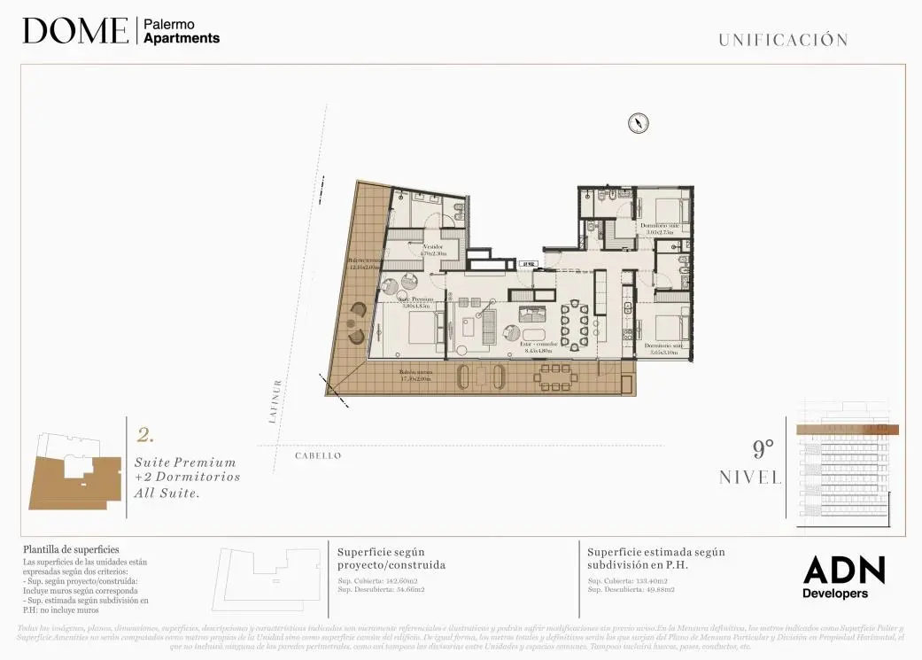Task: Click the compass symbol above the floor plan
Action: point(639,123)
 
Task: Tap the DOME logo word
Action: point(75,31)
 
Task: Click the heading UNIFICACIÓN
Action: point(783,40)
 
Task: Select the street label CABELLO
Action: point(318,455)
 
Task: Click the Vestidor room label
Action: point(433,249)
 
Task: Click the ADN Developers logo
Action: point(843,577)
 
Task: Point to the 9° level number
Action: point(763,448)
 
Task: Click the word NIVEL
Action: point(751,478)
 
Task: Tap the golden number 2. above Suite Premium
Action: point(146,435)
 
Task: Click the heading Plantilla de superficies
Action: point(71,550)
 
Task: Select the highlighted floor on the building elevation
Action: point(847,430)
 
